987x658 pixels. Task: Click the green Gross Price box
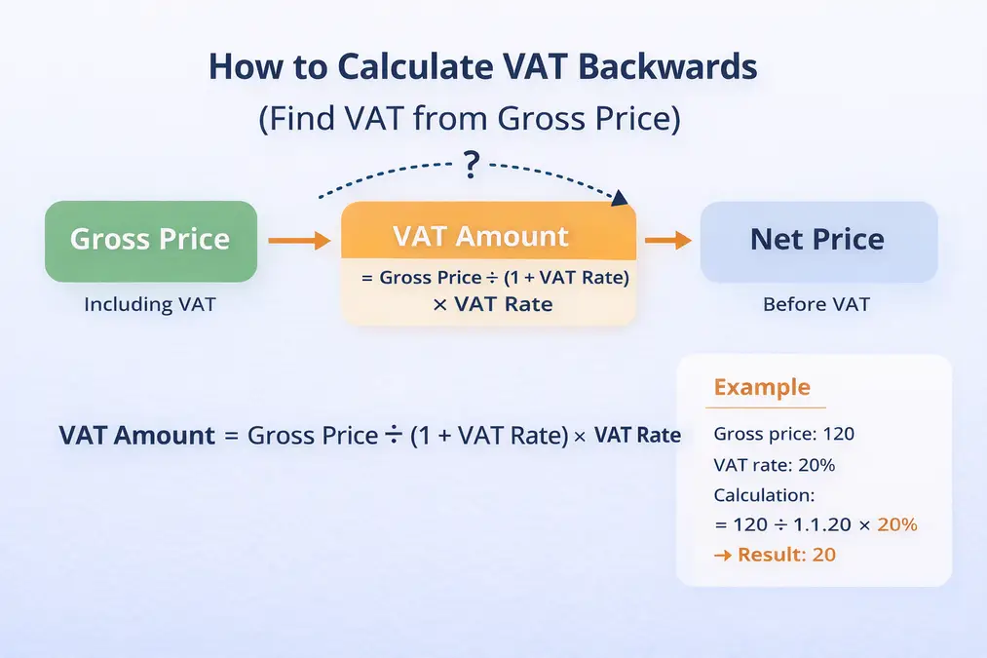pyautogui.click(x=151, y=240)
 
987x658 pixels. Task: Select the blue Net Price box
pyautogui.click(x=817, y=240)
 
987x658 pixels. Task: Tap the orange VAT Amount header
pyautogui.click(x=487, y=235)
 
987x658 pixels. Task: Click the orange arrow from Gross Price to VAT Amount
pyautogui.click(x=299, y=240)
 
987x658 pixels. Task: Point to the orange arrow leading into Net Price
pyautogui.click(x=667, y=240)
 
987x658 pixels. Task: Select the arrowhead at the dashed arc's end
pyautogui.click(x=618, y=198)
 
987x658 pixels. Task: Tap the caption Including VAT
pyautogui.click(x=150, y=304)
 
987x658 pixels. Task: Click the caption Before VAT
pyautogui.click(x=816, y=304)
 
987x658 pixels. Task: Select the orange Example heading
pyautogui.click(x=762, y=387)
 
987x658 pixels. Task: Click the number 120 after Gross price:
pyautogui.click(x=839, y=435)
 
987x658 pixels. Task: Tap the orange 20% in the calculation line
pyautogui.click(x=896, y=524)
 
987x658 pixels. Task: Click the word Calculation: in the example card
pyautogui.click(x=763, y=494)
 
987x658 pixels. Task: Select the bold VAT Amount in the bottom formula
pyautogui.click(x=136, y=436)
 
